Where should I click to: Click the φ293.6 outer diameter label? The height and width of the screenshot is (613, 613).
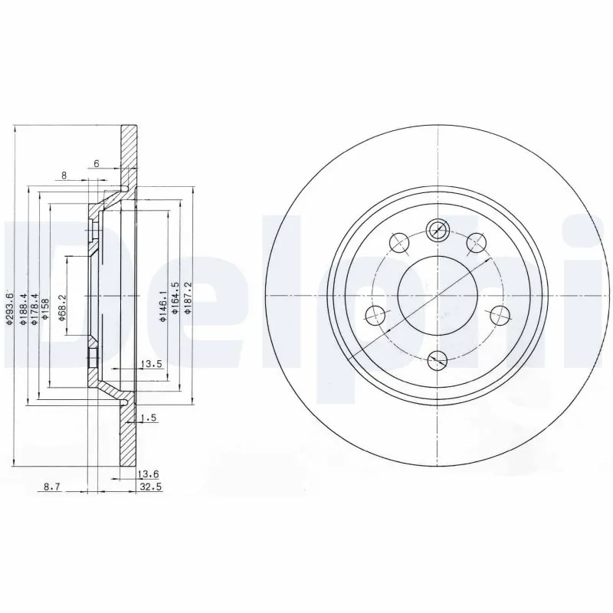coord(10,311)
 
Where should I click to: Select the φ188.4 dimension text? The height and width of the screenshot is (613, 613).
coord(23,310)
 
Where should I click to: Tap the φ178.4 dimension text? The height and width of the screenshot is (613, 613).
coord(34,310)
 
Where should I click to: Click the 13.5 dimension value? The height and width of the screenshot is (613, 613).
coord(151,364)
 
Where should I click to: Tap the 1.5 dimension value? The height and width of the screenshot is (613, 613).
coord(150,418)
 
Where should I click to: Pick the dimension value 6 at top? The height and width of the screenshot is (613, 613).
coord(97,164)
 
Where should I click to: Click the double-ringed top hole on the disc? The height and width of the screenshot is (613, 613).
coord(437,228)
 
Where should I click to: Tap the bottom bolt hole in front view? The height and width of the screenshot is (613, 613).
coord(437,359)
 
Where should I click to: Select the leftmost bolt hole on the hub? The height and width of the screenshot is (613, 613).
coord(375,313)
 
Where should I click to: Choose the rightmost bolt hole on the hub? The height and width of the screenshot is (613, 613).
coord(500,313)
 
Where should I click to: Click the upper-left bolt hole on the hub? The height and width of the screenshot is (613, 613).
coord(398,242)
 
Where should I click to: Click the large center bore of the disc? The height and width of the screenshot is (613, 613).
coord(437,293)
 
